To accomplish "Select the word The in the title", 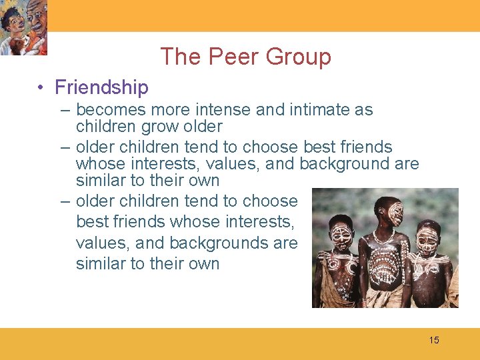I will [181, 57].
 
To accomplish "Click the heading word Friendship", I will [101, 87].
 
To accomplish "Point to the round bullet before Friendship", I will [41, 88].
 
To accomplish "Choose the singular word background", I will [341, 164].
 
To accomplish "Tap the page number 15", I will [434, 341].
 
